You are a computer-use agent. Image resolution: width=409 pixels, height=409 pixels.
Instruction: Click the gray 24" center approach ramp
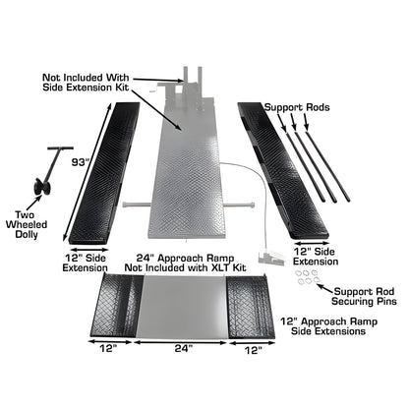pos(183,307)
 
